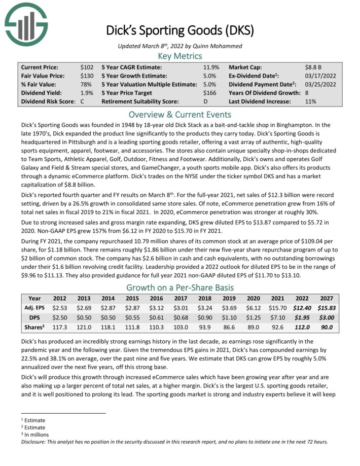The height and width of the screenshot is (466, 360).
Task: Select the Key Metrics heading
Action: (x=180, y=55)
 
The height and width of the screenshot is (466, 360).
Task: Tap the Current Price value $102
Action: (x=86, y=67)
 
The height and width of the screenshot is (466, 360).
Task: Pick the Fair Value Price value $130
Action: (x=86, y=76)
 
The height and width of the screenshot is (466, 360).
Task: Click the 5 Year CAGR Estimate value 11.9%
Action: (x=211, y=67)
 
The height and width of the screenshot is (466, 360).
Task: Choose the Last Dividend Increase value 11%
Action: (x=310, y=101)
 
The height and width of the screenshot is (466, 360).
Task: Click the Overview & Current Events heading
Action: (x=180, y=114)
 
